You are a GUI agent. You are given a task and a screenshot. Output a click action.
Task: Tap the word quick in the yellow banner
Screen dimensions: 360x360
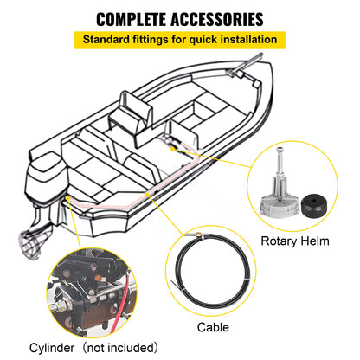click(201, 40)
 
